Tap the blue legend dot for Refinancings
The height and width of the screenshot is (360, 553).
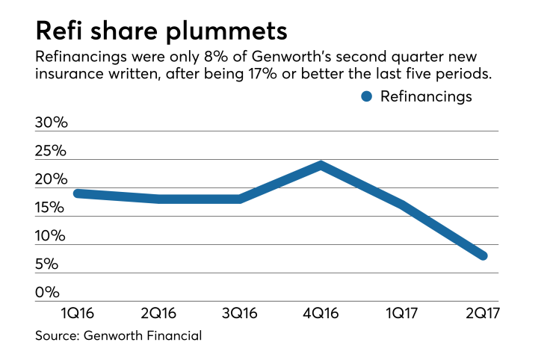pos(366,96)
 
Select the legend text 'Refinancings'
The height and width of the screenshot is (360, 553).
pos(427,96)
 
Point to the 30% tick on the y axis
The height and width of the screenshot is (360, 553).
pos(51,122)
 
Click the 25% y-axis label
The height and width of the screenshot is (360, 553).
pos(51,151)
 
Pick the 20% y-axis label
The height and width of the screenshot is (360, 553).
pos(51,179)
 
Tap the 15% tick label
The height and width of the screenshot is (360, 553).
pos(51,208)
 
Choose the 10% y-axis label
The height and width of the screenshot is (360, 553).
pos(51,236)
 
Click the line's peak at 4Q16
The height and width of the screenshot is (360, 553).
pos(321,165)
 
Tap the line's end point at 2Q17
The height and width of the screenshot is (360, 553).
pos(483,255)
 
